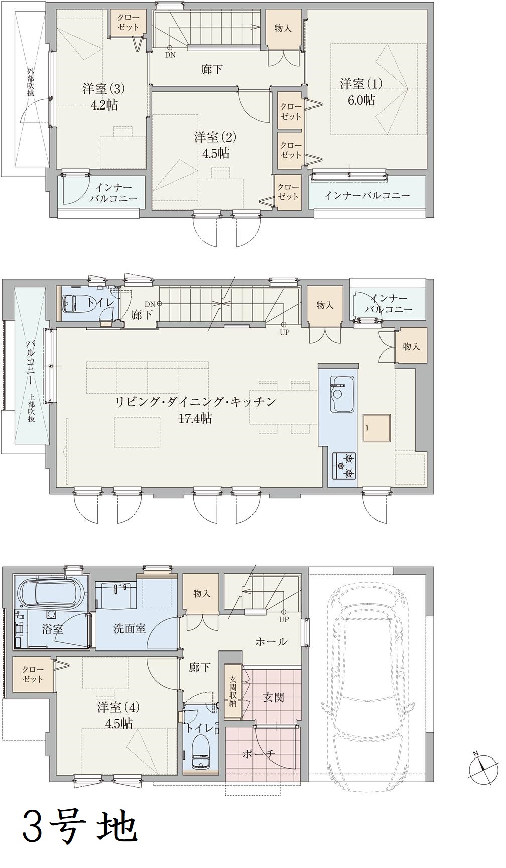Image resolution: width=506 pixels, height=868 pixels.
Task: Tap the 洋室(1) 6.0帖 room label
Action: [x=361, y=91]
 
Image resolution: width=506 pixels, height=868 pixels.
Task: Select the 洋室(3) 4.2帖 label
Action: [x=104, y=97]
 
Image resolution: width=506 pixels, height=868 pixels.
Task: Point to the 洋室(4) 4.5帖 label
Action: [x=118, y=715]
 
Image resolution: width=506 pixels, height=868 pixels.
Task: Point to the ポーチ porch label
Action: [x=258, y=754]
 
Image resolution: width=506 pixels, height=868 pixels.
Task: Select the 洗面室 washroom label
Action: [x=130, y=628]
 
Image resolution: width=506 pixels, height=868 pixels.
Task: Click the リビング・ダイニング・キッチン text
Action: [x=196, y=402]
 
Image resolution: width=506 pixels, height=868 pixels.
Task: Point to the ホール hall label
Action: [x=271, y=641]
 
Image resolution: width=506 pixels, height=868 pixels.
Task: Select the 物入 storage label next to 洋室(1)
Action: [x=283, y=28]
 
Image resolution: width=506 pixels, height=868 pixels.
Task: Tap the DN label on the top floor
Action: [x=170, y=55]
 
